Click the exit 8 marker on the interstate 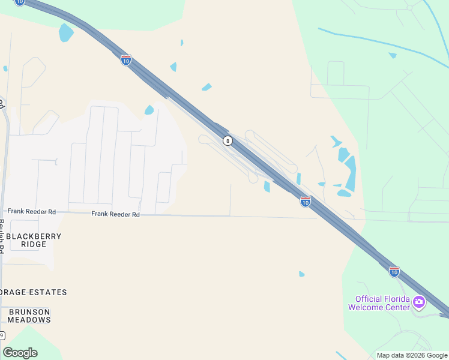pyautogui.click(x=228, y=140)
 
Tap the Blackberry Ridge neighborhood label pyautogui.click(x=34, y=240)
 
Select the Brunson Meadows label pyautogui.click(x=29, y=316)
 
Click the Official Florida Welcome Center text pyautogui.click(x=382, y=303)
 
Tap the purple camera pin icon pyautogui.click(x=419, y=302)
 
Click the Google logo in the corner pyautogui.click(x=20, y=353)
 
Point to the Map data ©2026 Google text pyautogui.click(x=412, y=355)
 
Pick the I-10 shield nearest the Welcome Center pyautogui.click(x=394, y=272)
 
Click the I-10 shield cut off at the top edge pyautogui.click(x=20, y=2)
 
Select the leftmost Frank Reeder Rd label pyautogui.click(x=31, y=212)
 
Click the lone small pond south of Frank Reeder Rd pyautogui.click(x=301, y=274)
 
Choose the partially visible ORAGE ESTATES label pyautogui.click(x=34, y=292)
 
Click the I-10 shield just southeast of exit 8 pyautogui.click(x=305, y=202)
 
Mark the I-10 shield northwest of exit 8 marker pyautogui.click(x=125, y=61)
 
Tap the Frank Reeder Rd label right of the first pyautogui.click(x=115, y=214)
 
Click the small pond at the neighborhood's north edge pyautogui.click(x=149, y=110)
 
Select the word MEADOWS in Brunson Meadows pyautogui.click(x=29, y=320)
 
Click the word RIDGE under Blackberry pyautogui.click(x=34, y=244)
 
